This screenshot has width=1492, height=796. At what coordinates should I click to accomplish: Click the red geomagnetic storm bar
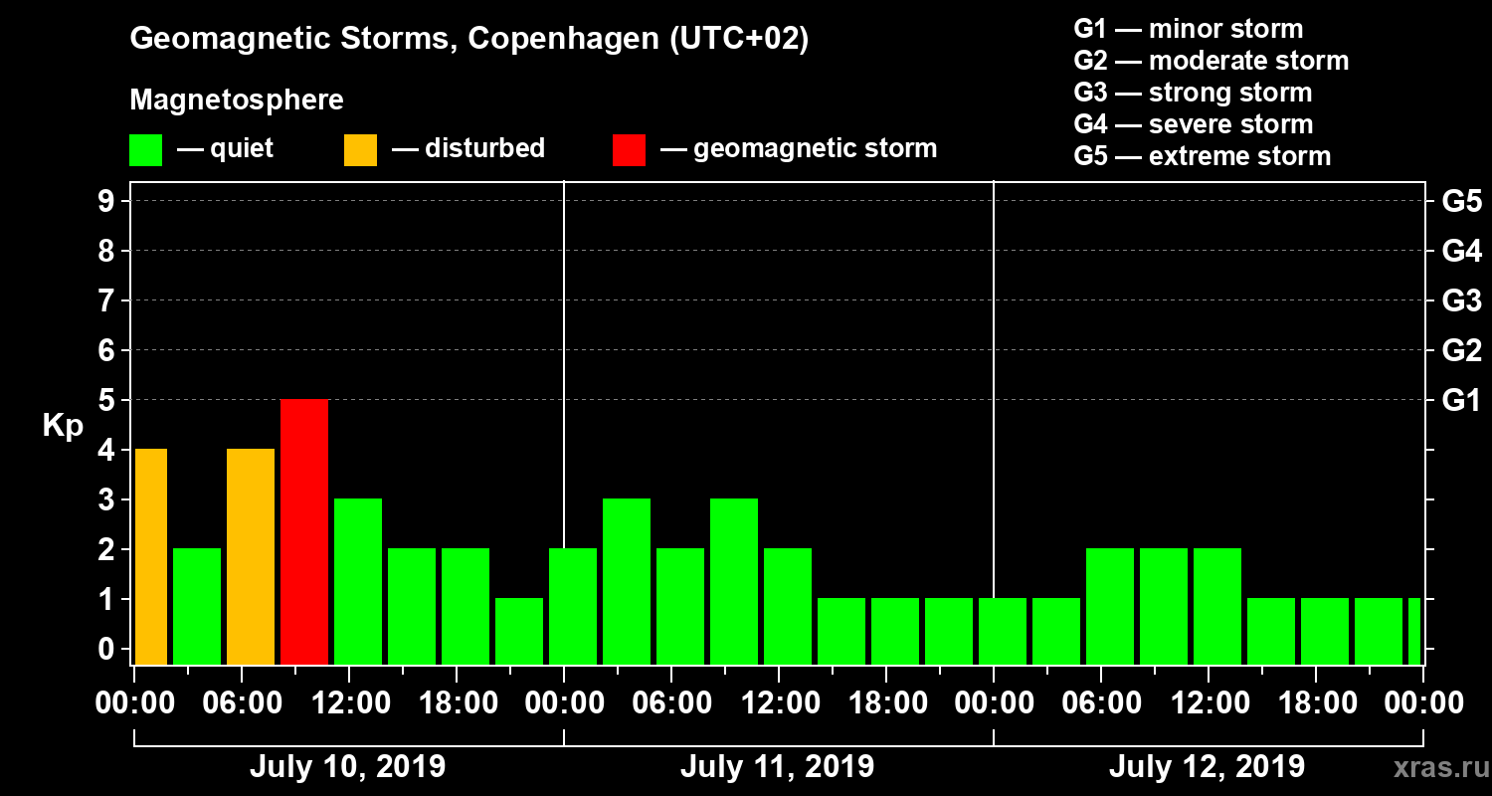[x=304, y=531]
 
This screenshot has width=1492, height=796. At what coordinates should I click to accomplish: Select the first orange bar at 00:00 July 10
[x=150, y=556]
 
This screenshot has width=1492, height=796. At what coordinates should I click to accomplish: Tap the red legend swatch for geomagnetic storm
[x=629, y=149]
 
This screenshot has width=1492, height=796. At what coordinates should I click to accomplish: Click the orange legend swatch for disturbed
[x=360, y=149]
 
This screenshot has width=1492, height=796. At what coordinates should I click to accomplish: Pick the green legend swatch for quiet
[x=145, y=149]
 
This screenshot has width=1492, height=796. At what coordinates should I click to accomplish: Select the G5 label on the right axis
[x=1461, y=201]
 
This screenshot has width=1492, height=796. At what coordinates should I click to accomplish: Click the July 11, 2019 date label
[x=777, y=766]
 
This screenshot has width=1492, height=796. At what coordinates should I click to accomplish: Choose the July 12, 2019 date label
[x=1207, y=766]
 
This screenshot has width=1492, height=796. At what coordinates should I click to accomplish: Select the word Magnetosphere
[x=237, y=100]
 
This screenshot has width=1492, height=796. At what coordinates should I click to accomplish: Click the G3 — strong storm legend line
[x=1193, y=93]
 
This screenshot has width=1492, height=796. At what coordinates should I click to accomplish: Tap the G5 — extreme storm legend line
[x=1202, y=156]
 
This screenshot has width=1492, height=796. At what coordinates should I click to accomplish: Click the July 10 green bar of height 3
[x=358, y=581]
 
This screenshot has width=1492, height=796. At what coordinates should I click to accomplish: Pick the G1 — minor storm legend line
[x=1188, y=29]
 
